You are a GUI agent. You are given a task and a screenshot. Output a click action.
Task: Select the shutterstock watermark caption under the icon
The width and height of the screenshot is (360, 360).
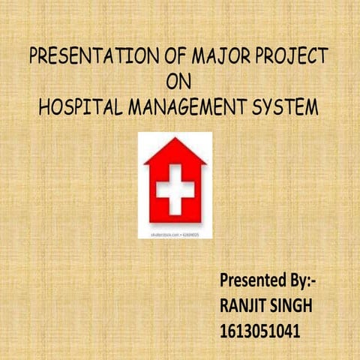[175, 234]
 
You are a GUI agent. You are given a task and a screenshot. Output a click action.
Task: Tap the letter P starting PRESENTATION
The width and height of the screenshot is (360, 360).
[32, 56]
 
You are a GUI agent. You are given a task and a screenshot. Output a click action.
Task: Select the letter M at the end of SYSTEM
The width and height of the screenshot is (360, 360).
[310, 106]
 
